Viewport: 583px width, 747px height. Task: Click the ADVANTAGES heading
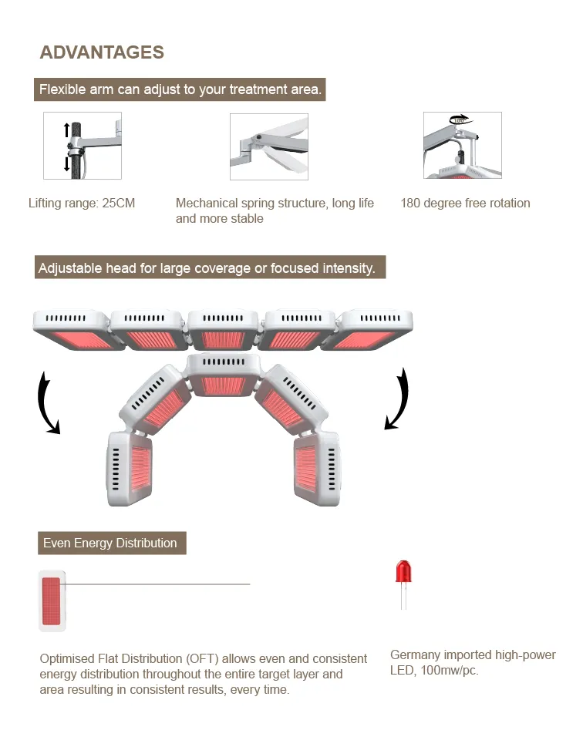(x=102, y=52)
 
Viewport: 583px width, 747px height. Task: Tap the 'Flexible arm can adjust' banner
(x=180, y=89)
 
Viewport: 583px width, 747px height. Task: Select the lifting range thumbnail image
(x=83, y=146)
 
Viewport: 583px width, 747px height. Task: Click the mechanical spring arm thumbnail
(x=269, y=146)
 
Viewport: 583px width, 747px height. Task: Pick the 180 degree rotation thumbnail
(x=462, y=146)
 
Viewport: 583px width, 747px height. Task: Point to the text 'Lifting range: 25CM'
(x=82, y=204)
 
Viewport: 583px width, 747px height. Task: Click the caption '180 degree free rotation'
(x=465, y=204)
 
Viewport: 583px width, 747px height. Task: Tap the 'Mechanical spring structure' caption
(x=275, y=210)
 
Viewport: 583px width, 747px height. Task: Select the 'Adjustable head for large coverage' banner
(x=207, y=268)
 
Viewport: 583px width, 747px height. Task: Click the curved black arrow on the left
(x=47, y=401)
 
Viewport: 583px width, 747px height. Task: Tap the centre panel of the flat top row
(x=224, y=330)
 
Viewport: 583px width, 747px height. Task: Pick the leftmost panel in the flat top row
(x=72, y=330)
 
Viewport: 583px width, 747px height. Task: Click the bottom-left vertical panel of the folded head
(x=130, y=468)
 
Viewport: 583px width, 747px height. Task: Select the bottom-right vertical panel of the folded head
(x=315, y=468)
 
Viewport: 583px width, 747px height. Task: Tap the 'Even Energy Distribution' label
(x=110, y=543)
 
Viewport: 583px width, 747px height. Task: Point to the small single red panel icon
(x=52, y=601)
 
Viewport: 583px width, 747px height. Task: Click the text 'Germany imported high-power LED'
(x=473, y=662)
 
